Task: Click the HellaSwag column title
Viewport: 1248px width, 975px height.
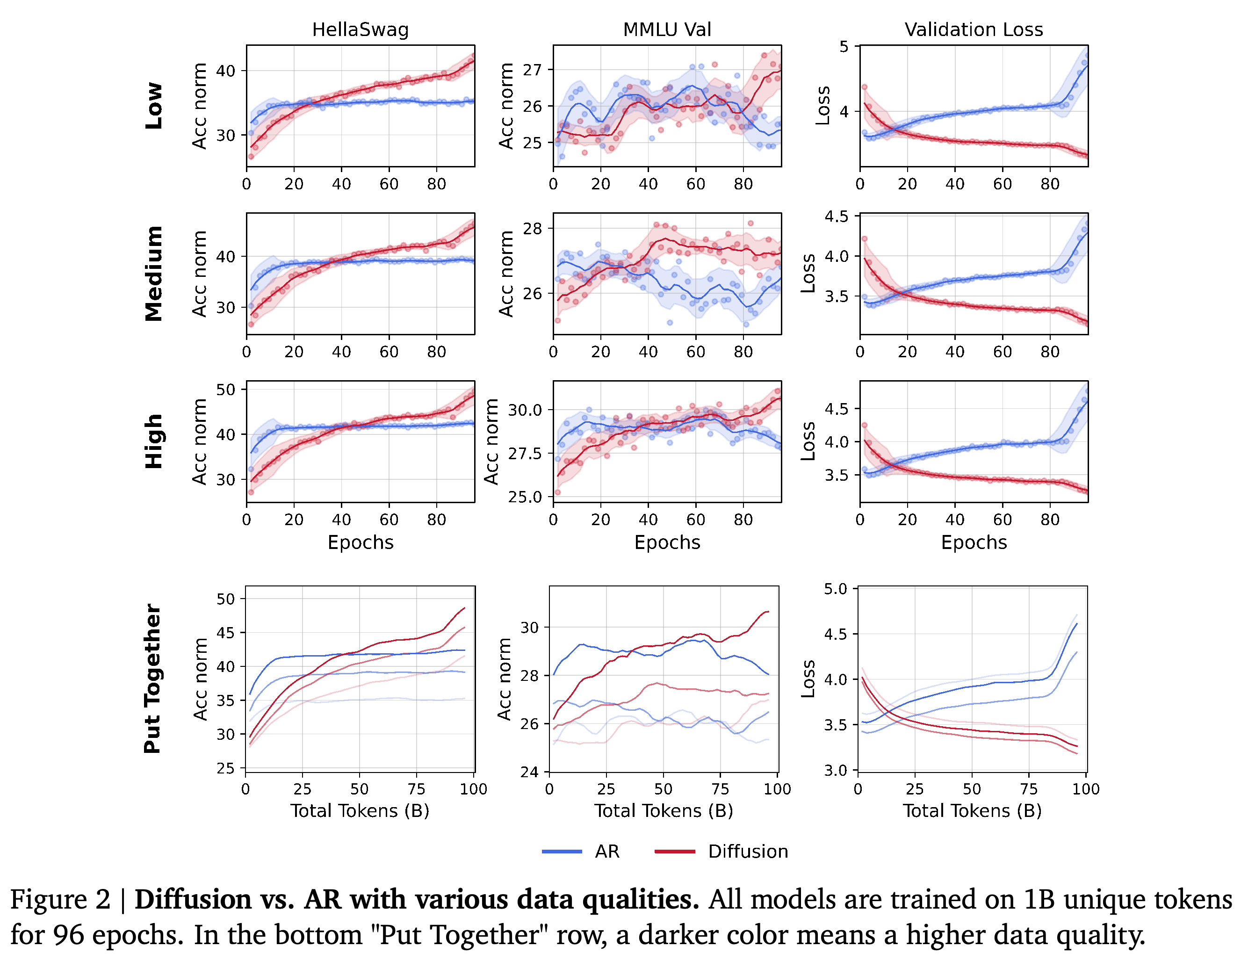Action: click(360, 30)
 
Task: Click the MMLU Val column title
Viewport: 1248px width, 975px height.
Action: click(667, 30)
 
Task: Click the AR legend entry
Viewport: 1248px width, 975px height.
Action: click(607, 852)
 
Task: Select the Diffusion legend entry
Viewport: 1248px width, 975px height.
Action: click(748, 852)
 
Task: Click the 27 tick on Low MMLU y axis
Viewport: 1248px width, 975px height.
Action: click(532, 70)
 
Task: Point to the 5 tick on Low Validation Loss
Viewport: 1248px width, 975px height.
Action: click(844, 46)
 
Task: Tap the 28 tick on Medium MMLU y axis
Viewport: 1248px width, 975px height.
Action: click(532, 229)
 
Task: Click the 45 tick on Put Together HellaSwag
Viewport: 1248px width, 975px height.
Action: click(226, 633)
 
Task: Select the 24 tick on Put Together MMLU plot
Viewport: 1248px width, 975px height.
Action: click(529, 772)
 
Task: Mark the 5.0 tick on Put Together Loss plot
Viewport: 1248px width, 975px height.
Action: click(836, 589)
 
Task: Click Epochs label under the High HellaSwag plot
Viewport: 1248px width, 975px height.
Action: click(361, 542)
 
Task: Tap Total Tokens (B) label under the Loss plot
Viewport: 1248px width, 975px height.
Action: click(972, 811)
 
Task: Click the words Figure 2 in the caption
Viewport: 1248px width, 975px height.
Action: click(60, 900)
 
